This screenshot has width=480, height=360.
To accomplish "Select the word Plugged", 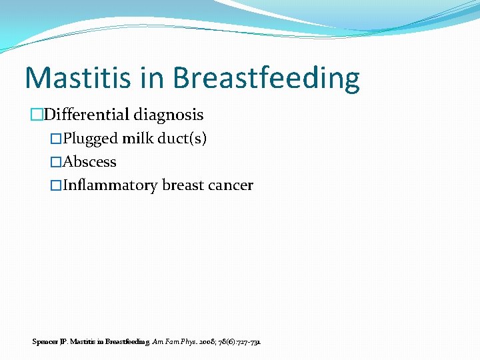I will tap(90, 139).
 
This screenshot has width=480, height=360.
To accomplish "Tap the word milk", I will tap(139, 139).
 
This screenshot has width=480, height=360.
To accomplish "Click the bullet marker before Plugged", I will tap(56, 139).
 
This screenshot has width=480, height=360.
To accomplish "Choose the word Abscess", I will tap(89, 162).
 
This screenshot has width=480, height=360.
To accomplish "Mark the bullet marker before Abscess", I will tap(56, 163).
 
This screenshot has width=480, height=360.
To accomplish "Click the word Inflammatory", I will tap(111, 185).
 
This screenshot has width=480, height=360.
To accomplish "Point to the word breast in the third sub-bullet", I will tap(182, 185).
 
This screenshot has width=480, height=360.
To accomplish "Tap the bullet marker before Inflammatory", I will tap(56, 186).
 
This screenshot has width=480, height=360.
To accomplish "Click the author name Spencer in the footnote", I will tap(44, 341).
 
